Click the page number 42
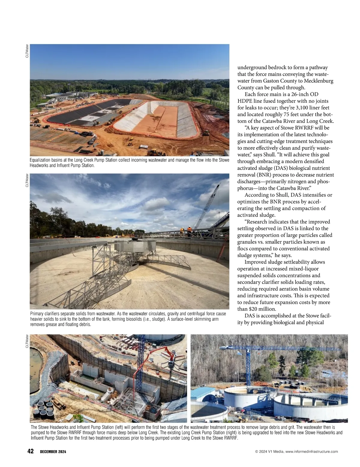30,451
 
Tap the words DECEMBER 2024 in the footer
53,452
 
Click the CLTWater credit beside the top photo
27,51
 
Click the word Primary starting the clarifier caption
37,314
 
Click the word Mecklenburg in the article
318,81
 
